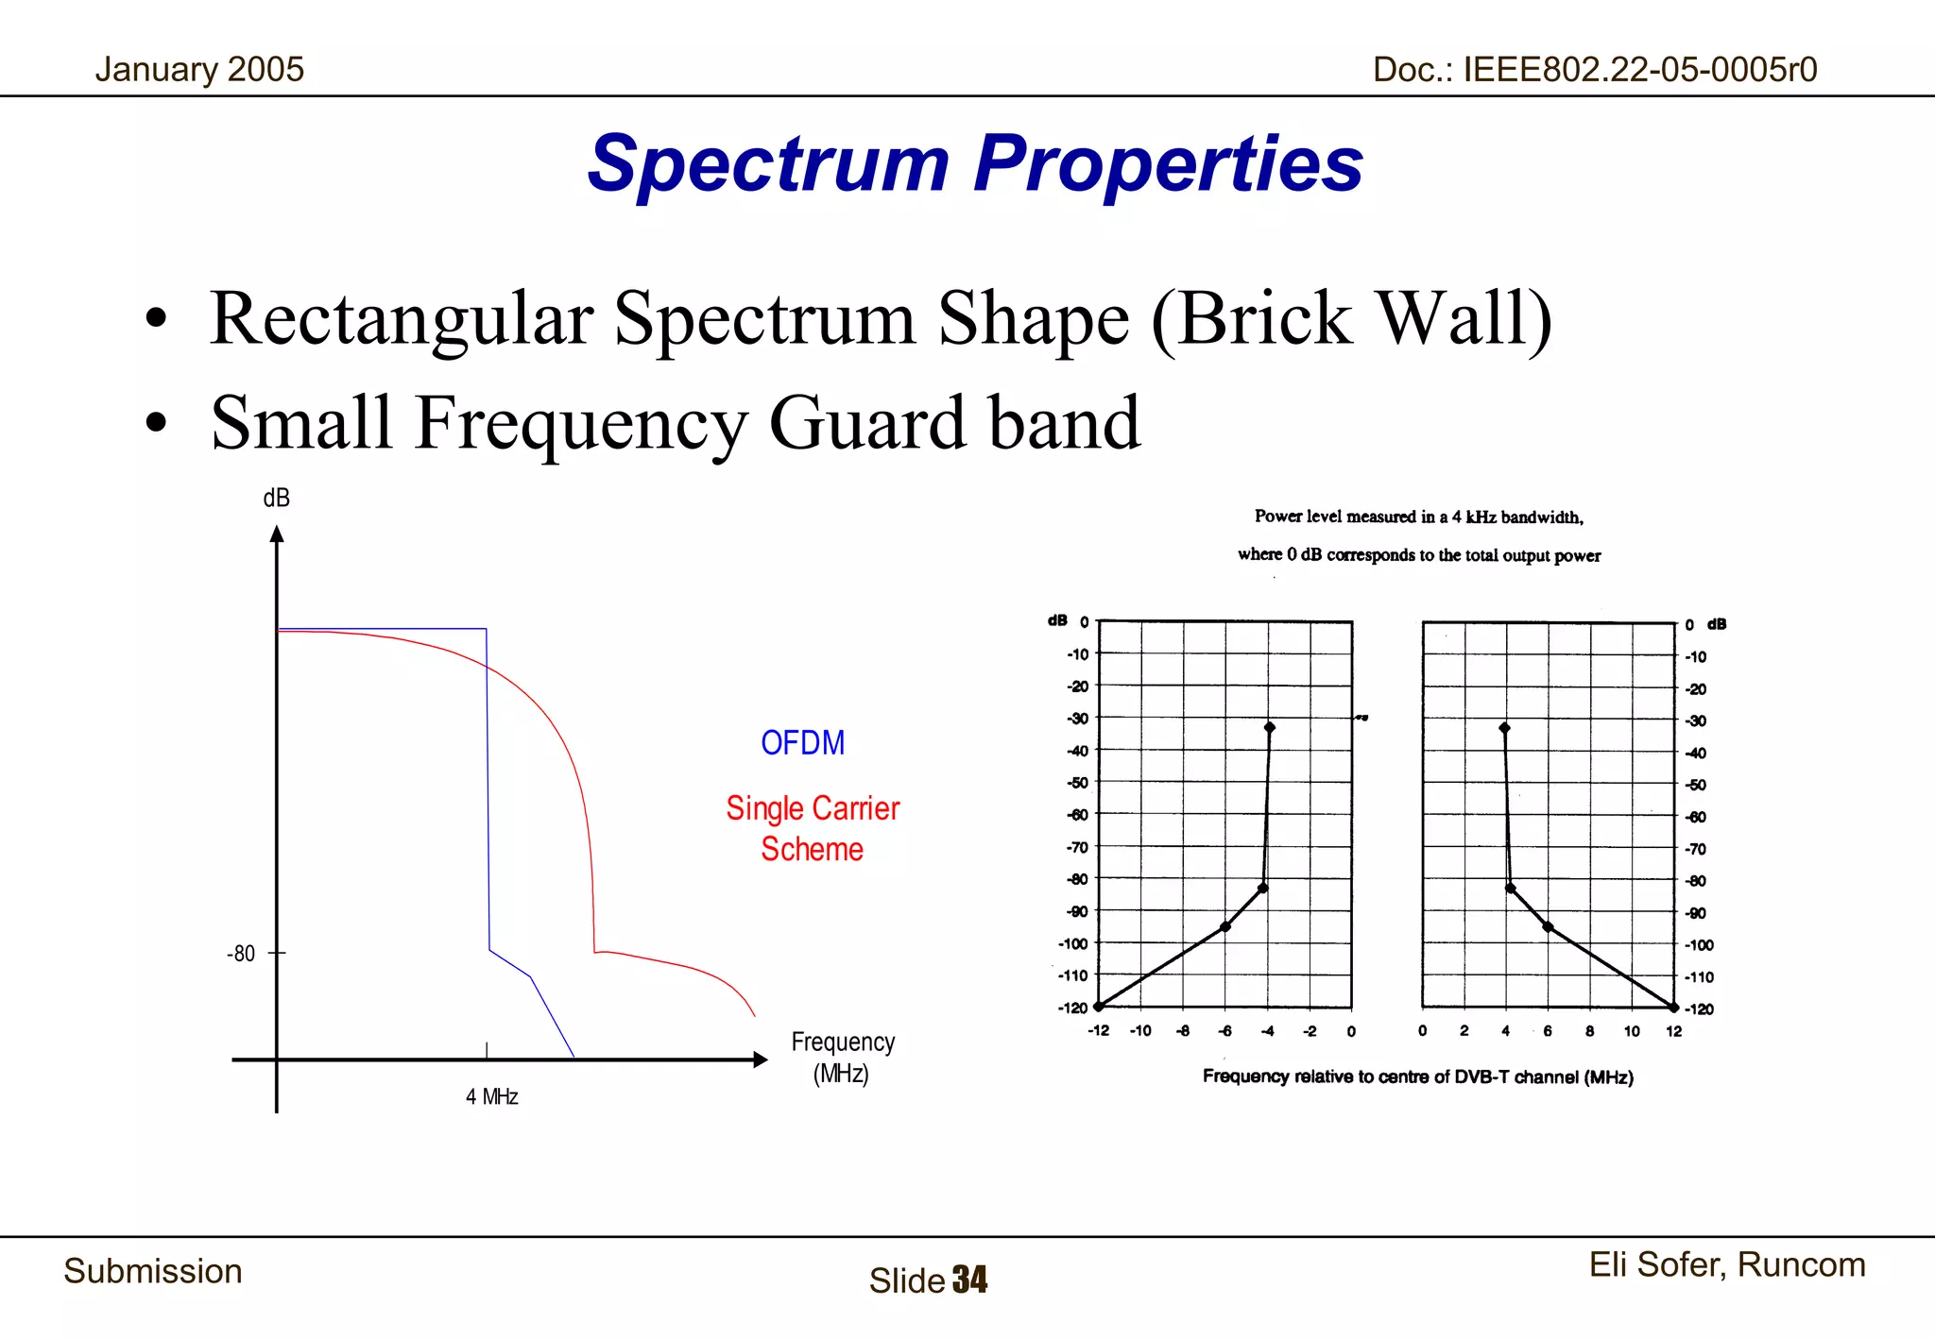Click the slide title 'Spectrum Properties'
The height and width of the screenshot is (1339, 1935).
(x=975, y=163)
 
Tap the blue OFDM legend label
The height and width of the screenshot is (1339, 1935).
(x=802, y=743)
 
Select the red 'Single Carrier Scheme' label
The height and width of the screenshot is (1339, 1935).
(x=813, y=828)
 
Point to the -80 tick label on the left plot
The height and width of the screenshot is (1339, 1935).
(x=241, y=954)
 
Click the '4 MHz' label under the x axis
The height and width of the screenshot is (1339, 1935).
(x=491, y=1096)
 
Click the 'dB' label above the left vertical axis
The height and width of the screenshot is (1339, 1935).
(x=276, y=499)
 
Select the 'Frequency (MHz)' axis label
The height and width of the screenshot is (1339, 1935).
(x=842, y=1057)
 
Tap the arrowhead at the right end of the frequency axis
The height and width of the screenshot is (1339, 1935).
(x=760, y=1059)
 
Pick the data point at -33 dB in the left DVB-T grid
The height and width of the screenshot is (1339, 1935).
(x=1270, y=727)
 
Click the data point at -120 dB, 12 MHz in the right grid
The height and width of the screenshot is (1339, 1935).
(x=1673, y=1008)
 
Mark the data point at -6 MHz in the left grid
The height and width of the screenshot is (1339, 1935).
(x=1225, y=926)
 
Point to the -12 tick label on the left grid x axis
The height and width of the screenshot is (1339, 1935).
(x=1098, y=1031)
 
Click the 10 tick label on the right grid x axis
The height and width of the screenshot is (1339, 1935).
(x=1632, y=1031)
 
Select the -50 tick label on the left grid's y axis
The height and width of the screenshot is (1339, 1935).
(x=1077, y=783)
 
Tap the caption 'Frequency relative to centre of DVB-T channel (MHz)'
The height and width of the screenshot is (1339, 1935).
(x=1417, y=1076)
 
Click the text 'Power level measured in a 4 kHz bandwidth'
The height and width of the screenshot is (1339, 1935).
(x=1418, y=517)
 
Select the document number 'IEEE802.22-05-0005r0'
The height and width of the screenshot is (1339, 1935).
(x=1640, y=70)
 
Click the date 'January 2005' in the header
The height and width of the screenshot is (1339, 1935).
(x=199, y=70)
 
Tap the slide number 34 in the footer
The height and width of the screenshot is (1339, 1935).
(x=969, y=1280)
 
